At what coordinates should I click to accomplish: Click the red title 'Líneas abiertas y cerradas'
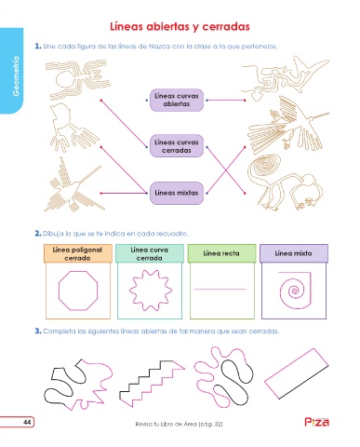point(180,27)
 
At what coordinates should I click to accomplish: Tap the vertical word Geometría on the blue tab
point(16,76)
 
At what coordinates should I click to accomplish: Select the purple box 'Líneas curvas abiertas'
point(177,100)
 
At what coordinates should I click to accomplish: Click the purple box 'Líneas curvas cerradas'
point(177,146)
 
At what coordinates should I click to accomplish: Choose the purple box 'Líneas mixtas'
point(177,193)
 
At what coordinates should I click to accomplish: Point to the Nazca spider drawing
point(77,78)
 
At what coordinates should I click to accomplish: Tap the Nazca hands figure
point(72,128)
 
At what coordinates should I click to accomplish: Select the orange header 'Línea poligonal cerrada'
point(77,253)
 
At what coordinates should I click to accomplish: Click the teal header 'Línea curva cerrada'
point(150,253)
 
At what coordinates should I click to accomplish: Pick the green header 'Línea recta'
point(221,253)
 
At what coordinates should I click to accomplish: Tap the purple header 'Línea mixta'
point(293,253)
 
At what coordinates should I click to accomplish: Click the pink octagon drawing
point(59,291)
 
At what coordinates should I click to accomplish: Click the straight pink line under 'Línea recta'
point(220,289)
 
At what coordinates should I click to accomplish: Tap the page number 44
point(27,422)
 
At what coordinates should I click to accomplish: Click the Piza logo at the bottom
point(316,422)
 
